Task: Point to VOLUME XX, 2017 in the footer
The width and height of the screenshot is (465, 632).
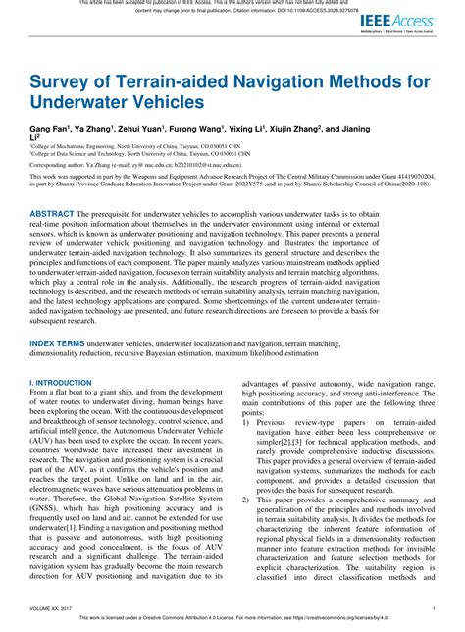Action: [x=55, y=607]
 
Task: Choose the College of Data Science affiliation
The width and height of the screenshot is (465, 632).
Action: [x=98, y=153]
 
